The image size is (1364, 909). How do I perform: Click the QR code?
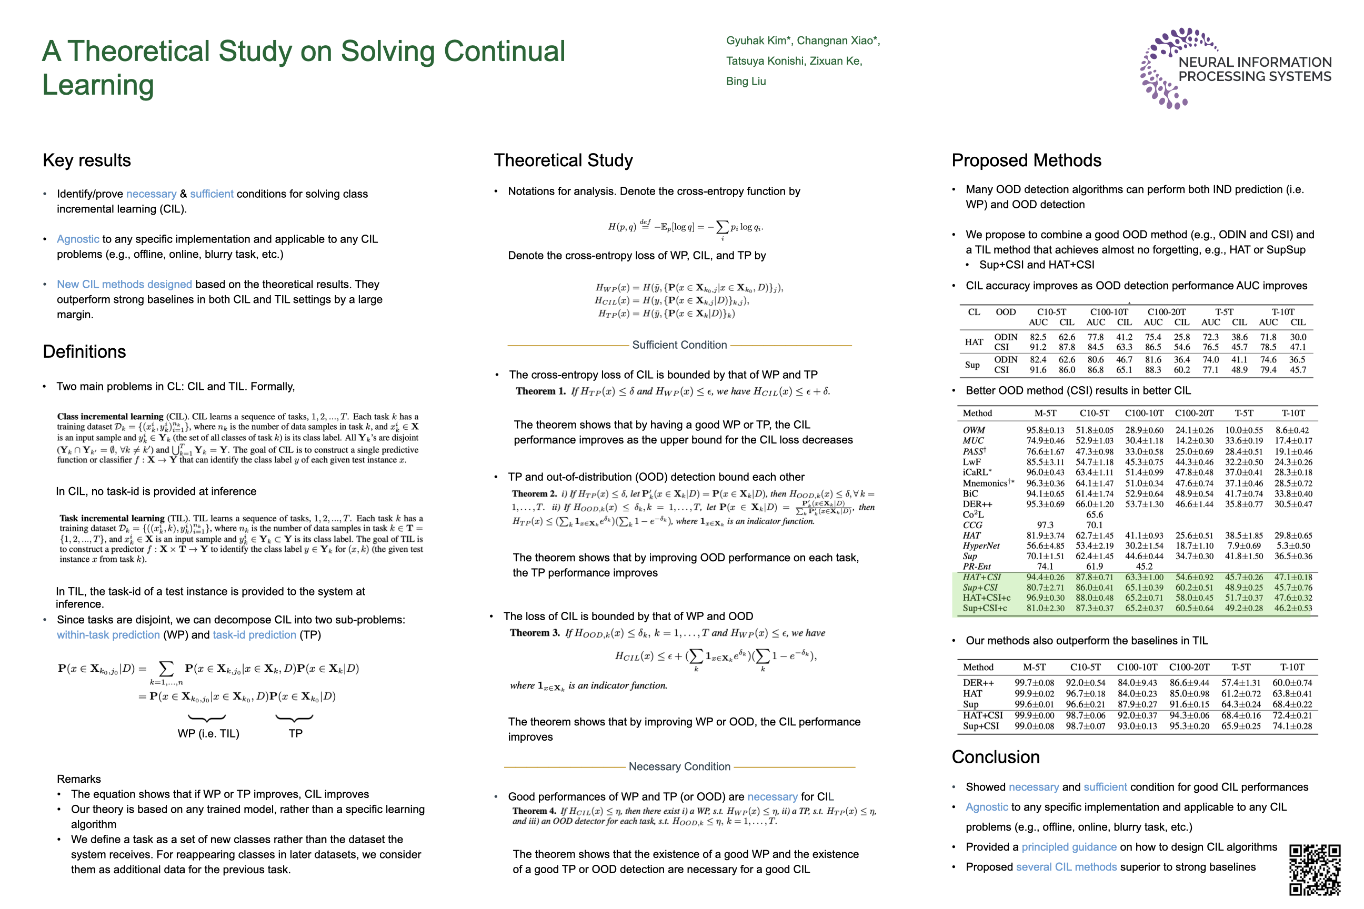click(x=1314, y=870)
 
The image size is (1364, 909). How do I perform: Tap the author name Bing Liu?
click(x=746, y=81)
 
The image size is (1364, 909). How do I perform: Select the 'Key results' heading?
click(x=87, y=160)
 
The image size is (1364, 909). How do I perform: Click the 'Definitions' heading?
click(x=84, y=352)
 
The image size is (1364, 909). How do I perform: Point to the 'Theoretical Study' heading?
click(x=563, y=160)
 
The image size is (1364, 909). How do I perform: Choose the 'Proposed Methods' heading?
click(x=1026, y=160)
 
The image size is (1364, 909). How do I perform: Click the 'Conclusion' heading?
click(x=995, y=757)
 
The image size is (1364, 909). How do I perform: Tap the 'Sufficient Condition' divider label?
click(x=679, y=345)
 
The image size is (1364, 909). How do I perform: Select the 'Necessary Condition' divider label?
click(x=679, y=766)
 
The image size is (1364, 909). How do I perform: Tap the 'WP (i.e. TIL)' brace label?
click(x=208, y=733)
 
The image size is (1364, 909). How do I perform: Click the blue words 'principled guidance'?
click(x=1069, y=847)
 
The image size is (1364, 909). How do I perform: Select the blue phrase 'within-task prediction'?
click(x=108, y=635)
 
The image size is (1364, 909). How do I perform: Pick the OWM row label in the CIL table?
click(x=974, y=430)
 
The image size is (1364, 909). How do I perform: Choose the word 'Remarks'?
click(x=79, y=779)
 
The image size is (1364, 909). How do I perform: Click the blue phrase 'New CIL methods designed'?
click(x=124, y=284)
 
